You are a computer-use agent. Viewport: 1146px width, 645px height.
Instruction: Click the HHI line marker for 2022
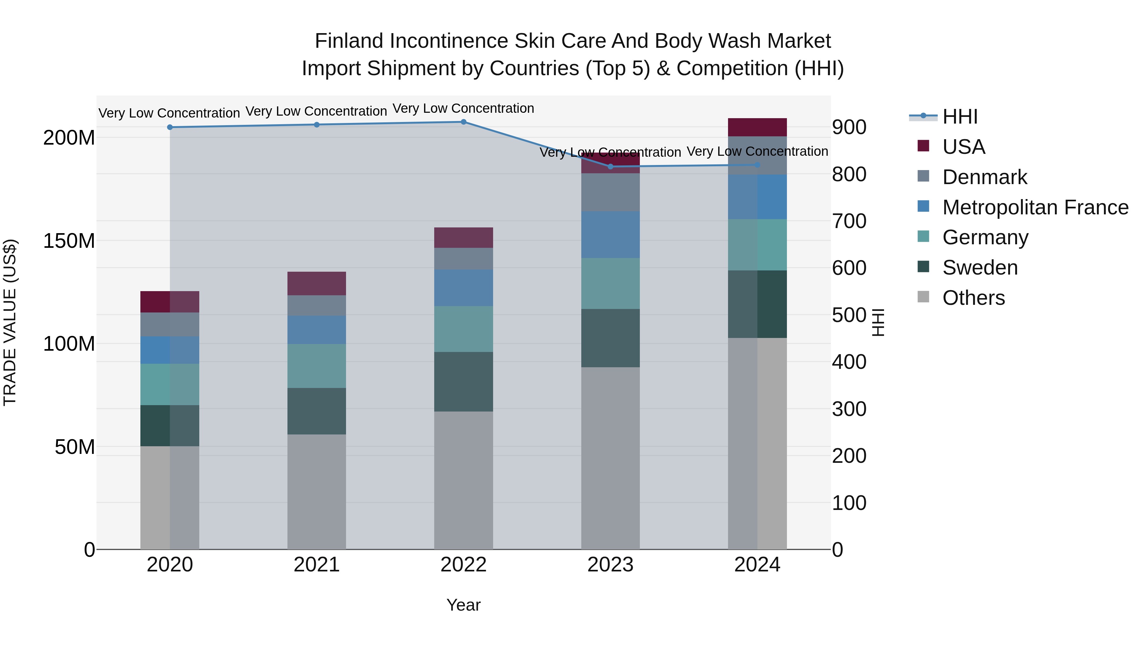[x=463, y=122]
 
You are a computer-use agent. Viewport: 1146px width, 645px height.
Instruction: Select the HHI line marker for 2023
[x=610, y=167]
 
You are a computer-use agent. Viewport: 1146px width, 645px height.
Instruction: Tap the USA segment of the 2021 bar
[x=316, y=283]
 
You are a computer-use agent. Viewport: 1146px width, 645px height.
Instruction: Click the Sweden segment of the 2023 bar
[x=610, y=338]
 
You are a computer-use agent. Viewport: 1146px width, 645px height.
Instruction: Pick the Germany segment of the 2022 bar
[x=463, y=329]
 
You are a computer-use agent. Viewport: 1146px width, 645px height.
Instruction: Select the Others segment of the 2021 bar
[x=316, y=491]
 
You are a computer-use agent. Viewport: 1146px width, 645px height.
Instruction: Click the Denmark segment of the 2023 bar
[x=610, y=192]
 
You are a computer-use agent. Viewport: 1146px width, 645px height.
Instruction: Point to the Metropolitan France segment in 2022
[x=463, y=288]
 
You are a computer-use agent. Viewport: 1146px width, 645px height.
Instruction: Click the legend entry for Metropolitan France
[x=1035, y=207]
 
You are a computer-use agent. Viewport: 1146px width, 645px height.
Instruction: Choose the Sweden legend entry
[x=980, y=268]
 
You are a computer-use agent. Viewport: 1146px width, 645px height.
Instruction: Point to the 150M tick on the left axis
[x=69, y=241]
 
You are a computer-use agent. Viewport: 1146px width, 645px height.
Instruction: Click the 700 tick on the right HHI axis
[x=849, y=221]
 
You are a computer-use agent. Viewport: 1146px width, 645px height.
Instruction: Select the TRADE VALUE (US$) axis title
[x=10, y=322]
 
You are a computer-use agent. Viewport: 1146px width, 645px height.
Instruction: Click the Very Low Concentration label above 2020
[x=169, y=113]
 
